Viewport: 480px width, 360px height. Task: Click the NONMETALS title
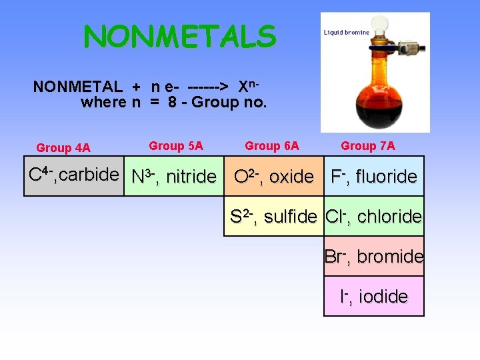click(x=179, y=37)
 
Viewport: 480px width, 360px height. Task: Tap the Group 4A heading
click(x=63, y=147)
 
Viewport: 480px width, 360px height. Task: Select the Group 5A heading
click(x=176, y=145)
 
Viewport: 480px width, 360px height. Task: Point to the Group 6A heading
click(x=272, y=145)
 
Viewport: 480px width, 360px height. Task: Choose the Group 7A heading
click(x=368, y=145)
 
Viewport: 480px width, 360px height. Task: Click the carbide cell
click(x=74, y=175)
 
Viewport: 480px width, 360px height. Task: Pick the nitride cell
click(x=174, y=177)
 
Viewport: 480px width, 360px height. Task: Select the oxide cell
click(x=273, y=177)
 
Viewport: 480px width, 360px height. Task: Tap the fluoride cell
click(x=374, y=177)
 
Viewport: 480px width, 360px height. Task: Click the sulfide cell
click(x=273, y=216)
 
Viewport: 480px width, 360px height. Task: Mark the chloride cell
click(x=374, y=216)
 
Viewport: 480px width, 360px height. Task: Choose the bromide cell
click(x=374, y=256)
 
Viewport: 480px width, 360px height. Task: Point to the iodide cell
click(x=374, y=296)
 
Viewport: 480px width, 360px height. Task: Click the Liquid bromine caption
click(x=346, y=32)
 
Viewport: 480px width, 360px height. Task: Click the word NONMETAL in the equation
click(x=77, y=87)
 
